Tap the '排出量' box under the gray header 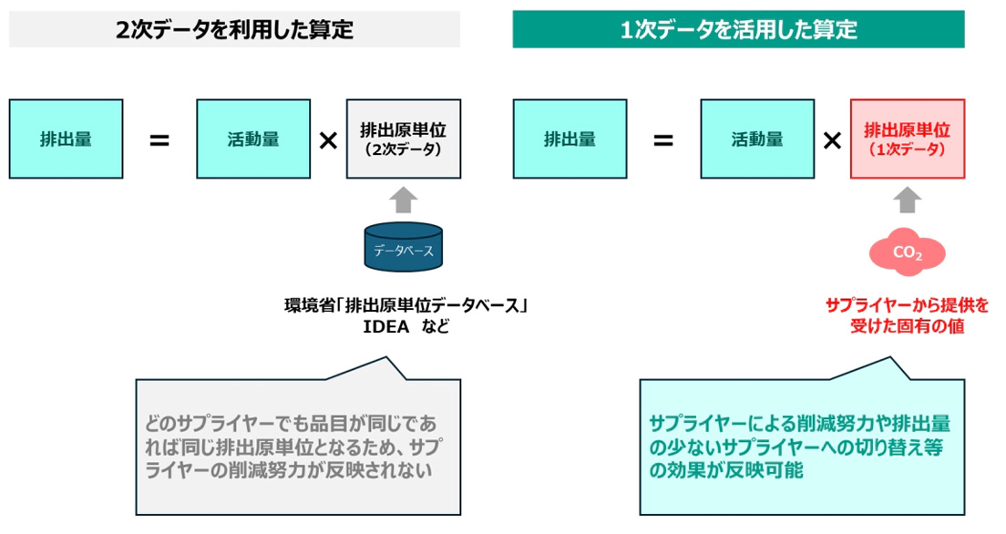(66, 139)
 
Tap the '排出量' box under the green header (570, 139)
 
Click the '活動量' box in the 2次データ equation (253, 139)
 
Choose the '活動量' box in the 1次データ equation (757, 139)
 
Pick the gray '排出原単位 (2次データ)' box (403, 139)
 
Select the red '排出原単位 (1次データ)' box (907, 139)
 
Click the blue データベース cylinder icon (404, 249)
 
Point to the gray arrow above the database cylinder (404, 200)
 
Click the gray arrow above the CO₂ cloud (908, 200)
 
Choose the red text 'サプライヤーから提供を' (907, 305)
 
